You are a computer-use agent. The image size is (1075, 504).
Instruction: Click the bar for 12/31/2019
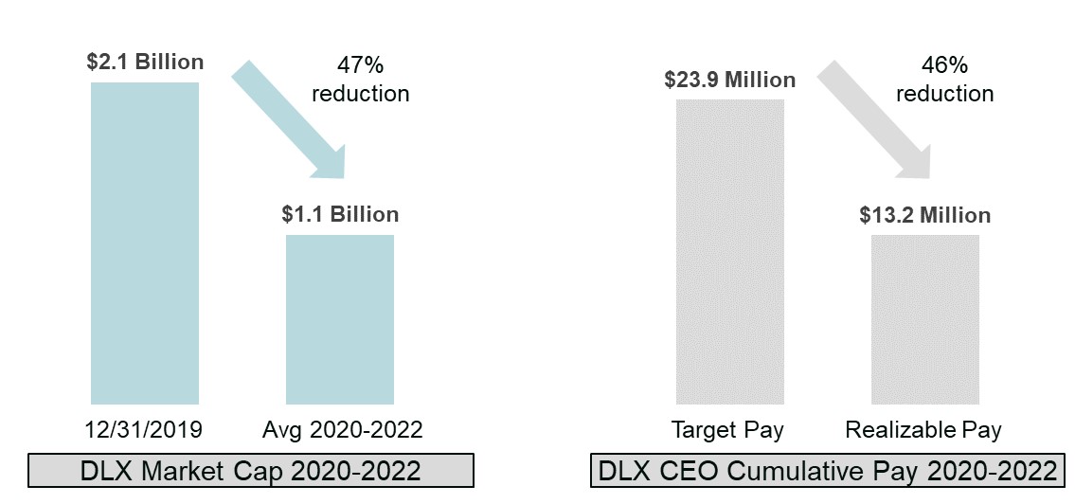coord(144,243)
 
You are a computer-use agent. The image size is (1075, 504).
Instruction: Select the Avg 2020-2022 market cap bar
coord(339,319)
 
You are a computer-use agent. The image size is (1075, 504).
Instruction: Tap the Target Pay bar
coord(729,252)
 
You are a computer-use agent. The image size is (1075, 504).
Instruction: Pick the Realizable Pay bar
coord(924,319)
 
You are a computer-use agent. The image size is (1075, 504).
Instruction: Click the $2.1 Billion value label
coord(144,63)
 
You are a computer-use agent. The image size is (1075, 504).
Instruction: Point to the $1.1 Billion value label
coord(340,214)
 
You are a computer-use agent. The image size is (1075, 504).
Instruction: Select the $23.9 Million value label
coord(730,80)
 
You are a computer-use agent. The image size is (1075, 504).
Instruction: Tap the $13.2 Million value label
coord(924,215)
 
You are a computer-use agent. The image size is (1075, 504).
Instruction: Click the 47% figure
coord(360,66)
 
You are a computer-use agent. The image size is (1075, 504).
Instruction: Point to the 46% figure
coord(944,66)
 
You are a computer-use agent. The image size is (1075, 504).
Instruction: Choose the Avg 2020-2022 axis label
coord(342,430)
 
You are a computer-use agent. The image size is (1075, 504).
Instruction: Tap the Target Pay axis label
coord(727,430)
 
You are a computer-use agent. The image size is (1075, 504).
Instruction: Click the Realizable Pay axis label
coord(923,430)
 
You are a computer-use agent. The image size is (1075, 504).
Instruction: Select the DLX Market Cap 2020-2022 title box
coord(250,471)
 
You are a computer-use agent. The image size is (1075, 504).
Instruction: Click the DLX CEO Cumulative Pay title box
coord(826,471)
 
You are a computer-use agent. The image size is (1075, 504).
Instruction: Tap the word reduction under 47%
coord(361,94)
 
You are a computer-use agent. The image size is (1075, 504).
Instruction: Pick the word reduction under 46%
coord(944,94)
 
